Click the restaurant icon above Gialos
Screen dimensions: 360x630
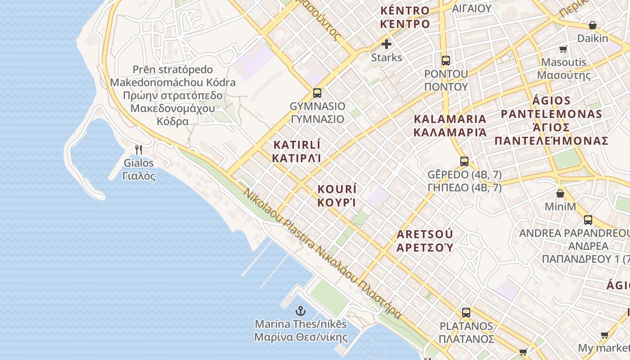coord(139,149)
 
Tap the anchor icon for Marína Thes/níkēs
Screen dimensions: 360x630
coord(300,310)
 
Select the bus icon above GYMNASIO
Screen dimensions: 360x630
coord(317,93)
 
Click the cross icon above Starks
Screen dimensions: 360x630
coord(387,44)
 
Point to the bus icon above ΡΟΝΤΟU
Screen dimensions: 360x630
coord(446,60)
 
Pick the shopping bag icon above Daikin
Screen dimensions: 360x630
coord(593,25)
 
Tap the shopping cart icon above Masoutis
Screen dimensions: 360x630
coord(563,49)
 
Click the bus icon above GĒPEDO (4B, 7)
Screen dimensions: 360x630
coord(464,161)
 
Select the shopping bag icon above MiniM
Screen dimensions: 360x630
coord(560,193)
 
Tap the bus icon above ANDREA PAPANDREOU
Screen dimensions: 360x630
coord(588,220)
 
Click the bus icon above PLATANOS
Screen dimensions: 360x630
coord(466,312)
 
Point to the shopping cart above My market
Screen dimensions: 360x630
coord(604,335)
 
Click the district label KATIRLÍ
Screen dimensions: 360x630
coord(297,145)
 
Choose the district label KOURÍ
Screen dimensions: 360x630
coord(337,189)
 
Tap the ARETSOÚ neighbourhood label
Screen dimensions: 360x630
coord(424,234)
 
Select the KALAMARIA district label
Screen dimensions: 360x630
coord(450,119)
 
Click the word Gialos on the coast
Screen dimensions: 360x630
coord(139,163)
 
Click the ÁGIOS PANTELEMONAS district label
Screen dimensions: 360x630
coord(551,108)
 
